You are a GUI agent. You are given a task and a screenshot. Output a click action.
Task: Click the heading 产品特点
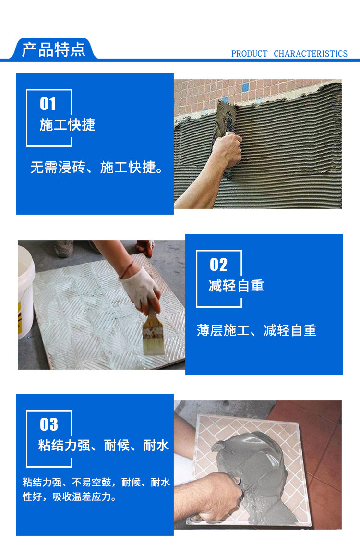click(53, 49)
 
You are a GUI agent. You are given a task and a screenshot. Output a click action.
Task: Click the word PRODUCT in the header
click(250, 54)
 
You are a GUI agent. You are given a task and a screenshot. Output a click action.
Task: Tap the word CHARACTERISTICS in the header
click(311, 54)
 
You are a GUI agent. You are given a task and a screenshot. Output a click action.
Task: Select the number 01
click(48, 104)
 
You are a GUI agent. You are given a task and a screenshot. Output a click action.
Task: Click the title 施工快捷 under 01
click(67, 125)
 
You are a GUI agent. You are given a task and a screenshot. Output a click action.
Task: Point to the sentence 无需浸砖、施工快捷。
click(96, 168)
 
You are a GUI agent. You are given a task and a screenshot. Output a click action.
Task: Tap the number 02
click(218, 265)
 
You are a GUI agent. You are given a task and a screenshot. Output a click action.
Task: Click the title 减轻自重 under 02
click(236, 286)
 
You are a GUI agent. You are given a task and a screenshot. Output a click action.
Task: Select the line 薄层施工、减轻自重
click(256, 330)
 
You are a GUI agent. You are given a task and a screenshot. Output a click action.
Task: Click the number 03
click(49, 424)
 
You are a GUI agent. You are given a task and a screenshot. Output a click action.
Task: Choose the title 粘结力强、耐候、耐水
click(104, 446)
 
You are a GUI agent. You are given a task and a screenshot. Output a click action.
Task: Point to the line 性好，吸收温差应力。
click(70, 497)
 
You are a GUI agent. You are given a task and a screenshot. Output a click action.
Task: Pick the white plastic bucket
click(26, 291)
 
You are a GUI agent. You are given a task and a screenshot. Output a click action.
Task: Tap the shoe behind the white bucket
click(63, 248)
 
